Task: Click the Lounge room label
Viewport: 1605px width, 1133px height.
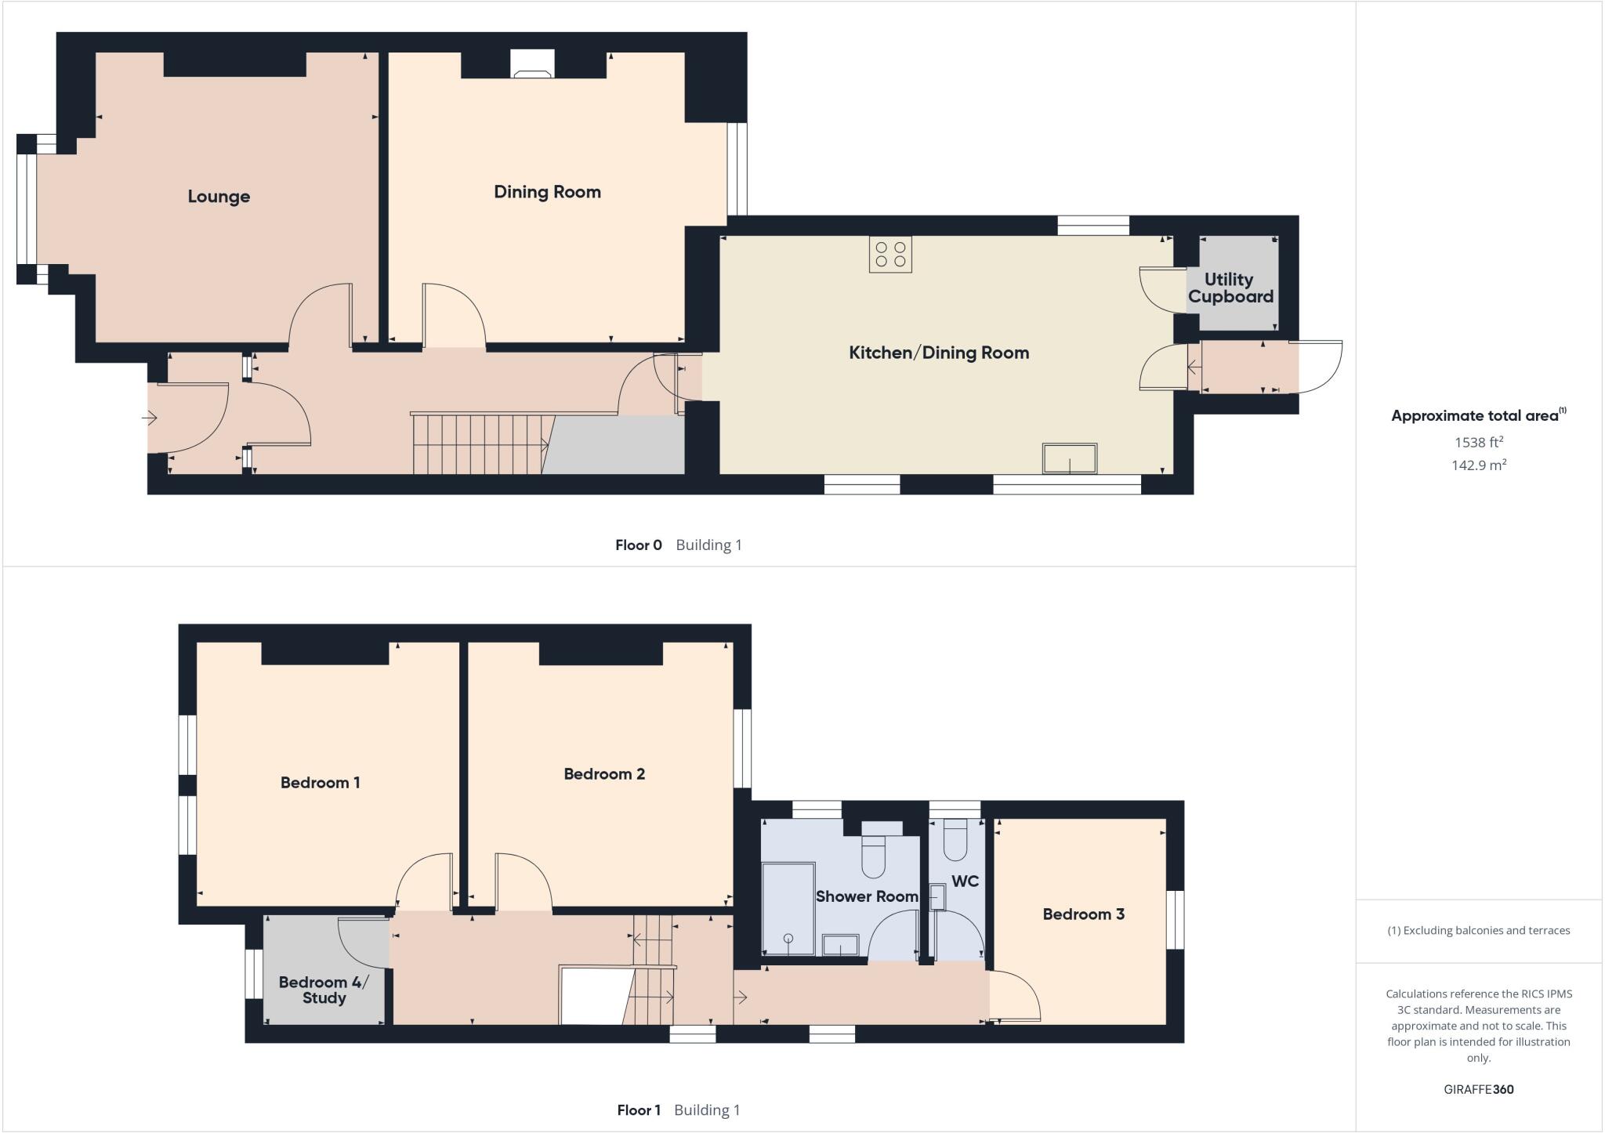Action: tap(219, 197)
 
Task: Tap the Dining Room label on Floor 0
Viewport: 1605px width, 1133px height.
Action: tap(547, 192)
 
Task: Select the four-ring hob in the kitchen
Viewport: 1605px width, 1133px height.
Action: tap(890, 255)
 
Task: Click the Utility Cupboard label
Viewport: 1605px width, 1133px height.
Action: tap(1230, 288)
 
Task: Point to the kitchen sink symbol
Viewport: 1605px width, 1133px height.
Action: tap(1069, 459)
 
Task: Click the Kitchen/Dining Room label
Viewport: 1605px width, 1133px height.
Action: tap(939, 353)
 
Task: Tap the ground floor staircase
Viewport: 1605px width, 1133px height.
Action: tap(479, 444)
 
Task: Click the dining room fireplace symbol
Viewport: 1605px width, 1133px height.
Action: tap(532, 65)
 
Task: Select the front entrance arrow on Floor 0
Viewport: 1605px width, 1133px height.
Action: tap(149, 418)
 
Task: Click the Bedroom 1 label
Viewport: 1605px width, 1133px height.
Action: tap(320, 783)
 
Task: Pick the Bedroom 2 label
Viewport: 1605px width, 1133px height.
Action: tap(604, 774)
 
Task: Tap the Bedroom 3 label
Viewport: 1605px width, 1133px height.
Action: tap(1083, 914)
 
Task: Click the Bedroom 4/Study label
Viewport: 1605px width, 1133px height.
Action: tap(324, 990)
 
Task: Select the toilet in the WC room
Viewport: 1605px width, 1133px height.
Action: tap(955, 840)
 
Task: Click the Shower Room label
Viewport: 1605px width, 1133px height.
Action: tap(867, 896)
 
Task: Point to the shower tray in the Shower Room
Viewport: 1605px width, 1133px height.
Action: tap(788, 909)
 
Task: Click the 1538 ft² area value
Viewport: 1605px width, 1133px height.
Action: tap(1478, 442)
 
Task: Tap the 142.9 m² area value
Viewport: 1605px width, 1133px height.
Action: tap(1478, 465)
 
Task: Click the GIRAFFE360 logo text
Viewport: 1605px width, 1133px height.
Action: tap(1478, 1089)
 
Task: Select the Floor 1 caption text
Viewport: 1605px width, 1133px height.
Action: tap(639, 1109)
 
